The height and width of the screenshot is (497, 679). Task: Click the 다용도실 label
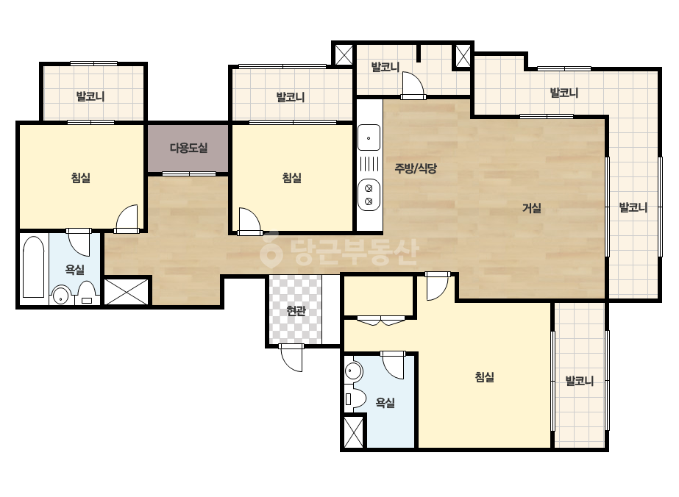tap(188, 148)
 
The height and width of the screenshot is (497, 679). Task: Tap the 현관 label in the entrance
tap(296, 310)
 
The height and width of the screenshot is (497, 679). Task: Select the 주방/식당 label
tap(416, 168)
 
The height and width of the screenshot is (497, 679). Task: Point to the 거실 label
tap(532, 208)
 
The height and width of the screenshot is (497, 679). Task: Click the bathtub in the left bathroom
tap(33, 266)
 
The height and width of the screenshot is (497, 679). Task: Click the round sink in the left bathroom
tap(61, 296)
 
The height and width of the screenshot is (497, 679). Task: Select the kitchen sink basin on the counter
tap(369, 137)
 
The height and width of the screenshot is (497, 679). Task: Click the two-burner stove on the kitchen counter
tap(369, 195)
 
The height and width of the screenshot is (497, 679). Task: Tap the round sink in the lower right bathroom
tap(353, 371)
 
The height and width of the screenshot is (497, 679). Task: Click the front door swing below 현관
tap(291, 358)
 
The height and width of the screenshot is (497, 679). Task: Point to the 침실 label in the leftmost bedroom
tap(81, 177)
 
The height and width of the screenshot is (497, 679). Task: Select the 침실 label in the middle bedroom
tap(292, 177)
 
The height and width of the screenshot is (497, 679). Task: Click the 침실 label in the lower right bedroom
tap(485, 377)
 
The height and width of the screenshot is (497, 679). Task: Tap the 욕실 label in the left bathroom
tap(75, 270)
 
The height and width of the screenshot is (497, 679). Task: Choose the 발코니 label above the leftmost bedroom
tap(90, 96)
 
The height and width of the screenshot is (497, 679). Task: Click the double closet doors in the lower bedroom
tap(381, 321)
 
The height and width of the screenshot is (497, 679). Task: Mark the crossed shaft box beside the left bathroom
tap(127, 291)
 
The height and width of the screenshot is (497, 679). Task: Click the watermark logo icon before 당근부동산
tap(271, 250)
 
